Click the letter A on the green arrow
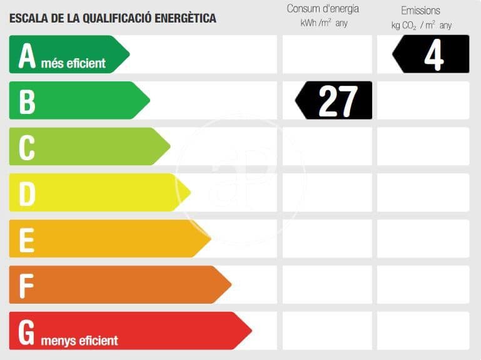(27, 55)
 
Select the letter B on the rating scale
(27, 101)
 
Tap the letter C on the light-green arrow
(26, 147)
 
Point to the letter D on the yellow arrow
(27, 193)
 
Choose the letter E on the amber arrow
(26, 239)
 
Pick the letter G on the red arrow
(26, 332)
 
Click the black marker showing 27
(335, 101)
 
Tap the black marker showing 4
(432, 54)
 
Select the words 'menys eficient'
(79, 341)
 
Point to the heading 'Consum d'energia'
(323, 9)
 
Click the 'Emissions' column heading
(420, 10)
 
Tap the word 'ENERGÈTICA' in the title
(186, 18)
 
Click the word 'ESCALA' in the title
(28, 18)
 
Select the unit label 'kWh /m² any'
(323, 23)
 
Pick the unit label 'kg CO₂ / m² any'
(421, 25)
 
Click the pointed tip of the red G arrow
(251, 331)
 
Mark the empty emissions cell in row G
(423, 331)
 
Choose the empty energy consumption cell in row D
(327, 193)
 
